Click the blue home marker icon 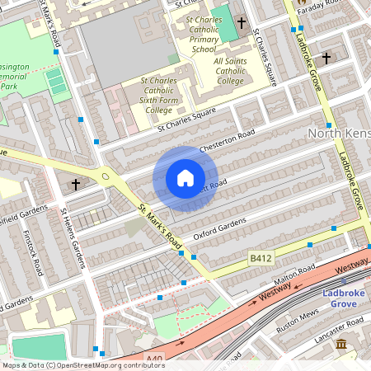coord(185,178)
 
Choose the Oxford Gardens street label coord(220,229)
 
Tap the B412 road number coord(261,259)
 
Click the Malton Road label coord(295,272)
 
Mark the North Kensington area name coord(338,133)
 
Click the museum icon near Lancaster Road coord(341,343)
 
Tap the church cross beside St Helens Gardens coord(76,183)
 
